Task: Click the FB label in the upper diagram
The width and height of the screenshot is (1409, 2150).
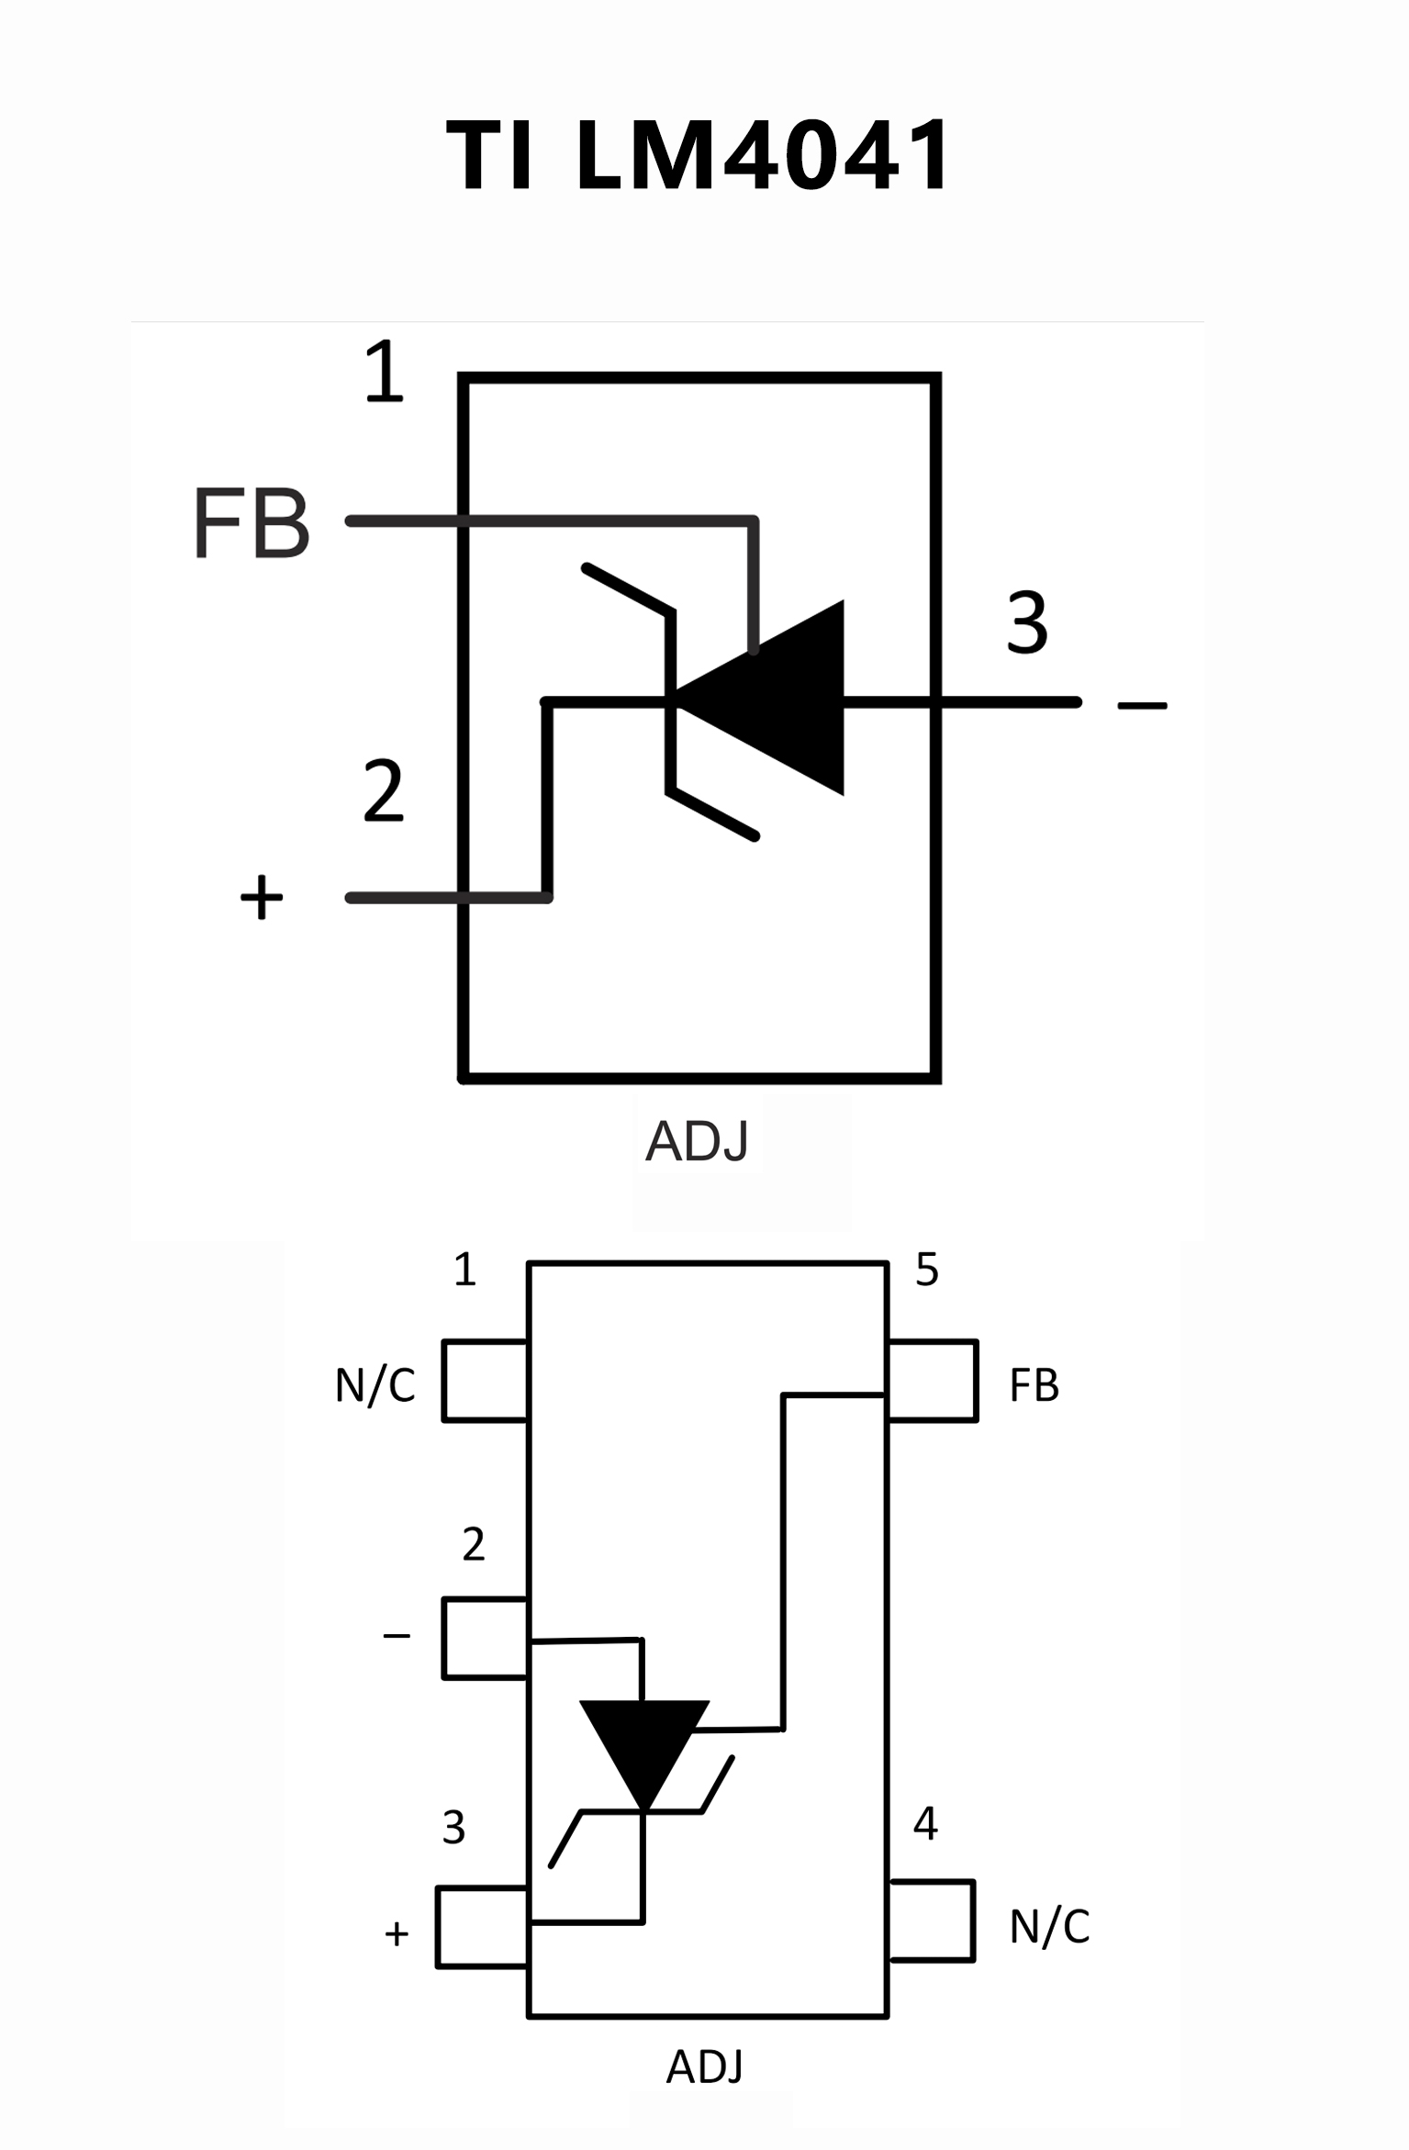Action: [252, 523]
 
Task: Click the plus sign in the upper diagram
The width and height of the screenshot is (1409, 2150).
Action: [262, 897]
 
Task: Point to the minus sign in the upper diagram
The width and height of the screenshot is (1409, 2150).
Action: [1142, 705]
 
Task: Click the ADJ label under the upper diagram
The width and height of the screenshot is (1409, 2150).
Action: [697, 1141]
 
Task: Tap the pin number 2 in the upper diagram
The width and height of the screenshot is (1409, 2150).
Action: [383, 790]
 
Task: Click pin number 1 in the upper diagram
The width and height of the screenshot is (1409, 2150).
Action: [384, 372]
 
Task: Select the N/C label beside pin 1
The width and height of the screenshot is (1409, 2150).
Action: [375, 1385]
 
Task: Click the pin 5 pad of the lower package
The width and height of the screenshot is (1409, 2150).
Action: [933, 1381]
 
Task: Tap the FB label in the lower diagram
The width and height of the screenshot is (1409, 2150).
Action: [1034, 1385]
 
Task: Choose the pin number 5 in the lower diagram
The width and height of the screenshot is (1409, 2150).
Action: [927, 1270]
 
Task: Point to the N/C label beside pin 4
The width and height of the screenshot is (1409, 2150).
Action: [1049, 1927]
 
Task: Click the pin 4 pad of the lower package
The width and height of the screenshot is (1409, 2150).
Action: [931, 1920]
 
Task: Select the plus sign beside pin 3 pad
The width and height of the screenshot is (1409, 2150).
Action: [397, 1934]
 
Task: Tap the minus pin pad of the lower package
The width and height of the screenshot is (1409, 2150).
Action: [485, 1639]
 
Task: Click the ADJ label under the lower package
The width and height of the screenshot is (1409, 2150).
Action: [704, 2066]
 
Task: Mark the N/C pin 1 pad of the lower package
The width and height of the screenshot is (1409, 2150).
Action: [485, 1381]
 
